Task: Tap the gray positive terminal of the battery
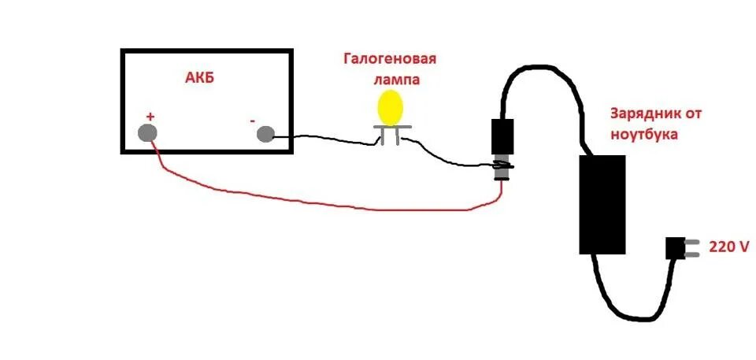(x=148, y=132)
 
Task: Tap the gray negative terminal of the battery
(x=266, y=134)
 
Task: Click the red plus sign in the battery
(x=150, y=116)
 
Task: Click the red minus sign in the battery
(x=252, y=121)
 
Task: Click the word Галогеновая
(x=389, y=60)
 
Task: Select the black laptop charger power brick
(x=602, y=204)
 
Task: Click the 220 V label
(x=729, y=247)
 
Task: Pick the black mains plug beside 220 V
(x=676, y=248)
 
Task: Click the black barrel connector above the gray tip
(x=502, y=135)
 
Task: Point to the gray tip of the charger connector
(x=500, y=169)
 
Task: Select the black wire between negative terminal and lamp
(x=323, y=138)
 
